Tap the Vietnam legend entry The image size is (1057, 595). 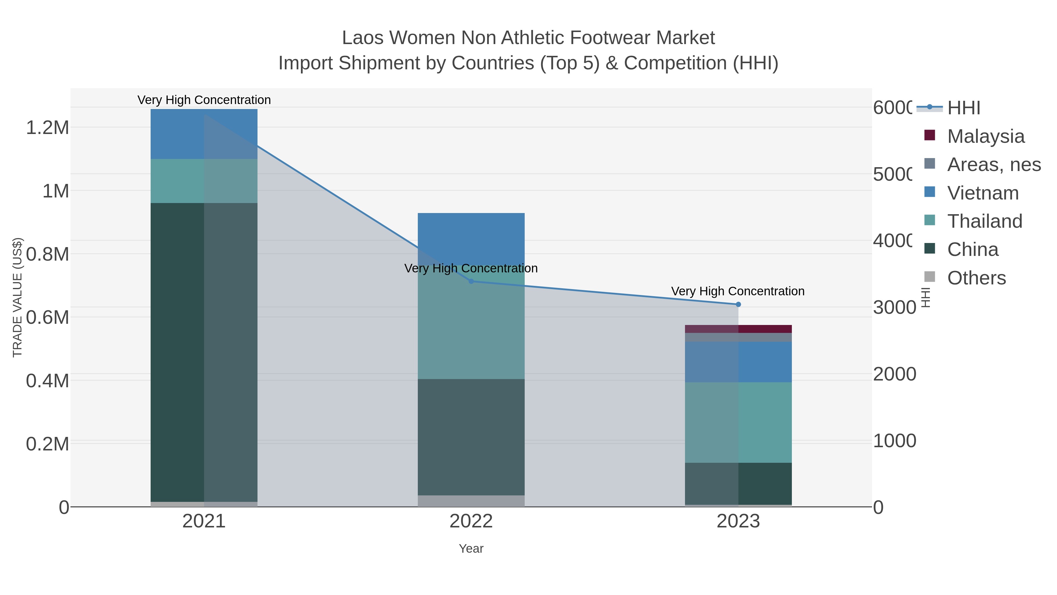983,193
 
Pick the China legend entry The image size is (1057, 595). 972,250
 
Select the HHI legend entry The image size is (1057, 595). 963,108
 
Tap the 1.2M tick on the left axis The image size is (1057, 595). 48,128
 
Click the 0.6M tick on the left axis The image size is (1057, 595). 48,317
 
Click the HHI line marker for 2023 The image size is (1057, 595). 738,304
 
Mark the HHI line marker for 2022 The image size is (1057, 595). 471,281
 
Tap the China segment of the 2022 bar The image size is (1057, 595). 471,437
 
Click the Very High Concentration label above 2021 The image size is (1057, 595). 204,100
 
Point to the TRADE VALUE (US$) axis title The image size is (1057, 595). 17,297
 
